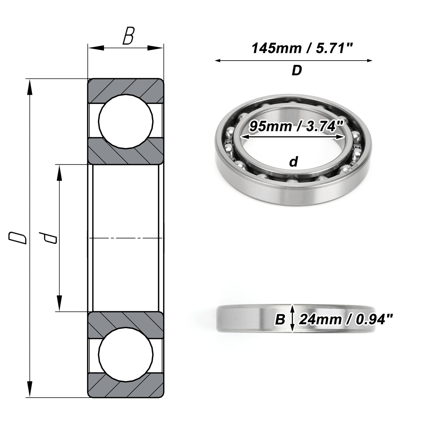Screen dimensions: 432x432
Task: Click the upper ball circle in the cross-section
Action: (126, 121)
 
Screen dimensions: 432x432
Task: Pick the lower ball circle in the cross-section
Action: (126, 355)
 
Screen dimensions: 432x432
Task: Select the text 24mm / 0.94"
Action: (346, 319)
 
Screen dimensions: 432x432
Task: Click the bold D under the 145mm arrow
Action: (297, 70)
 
